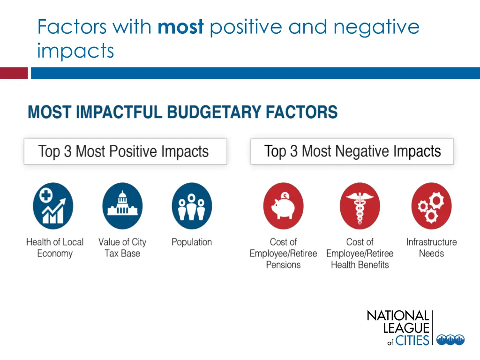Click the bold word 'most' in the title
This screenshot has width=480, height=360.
(180, 28)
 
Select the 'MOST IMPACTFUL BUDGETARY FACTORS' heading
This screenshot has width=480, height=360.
(182, 112)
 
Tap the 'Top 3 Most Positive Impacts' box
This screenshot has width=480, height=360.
(125, 151)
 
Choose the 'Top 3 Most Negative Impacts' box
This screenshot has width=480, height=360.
(352, 151)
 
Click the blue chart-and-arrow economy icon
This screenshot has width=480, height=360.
(53, 206)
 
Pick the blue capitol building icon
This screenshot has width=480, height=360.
(122, 206)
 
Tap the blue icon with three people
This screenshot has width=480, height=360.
(192, 206)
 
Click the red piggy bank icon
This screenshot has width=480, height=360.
(283, 206)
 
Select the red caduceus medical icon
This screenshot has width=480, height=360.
(360, 206)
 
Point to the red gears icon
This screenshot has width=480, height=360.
(431, 206)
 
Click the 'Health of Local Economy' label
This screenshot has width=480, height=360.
(55, 248)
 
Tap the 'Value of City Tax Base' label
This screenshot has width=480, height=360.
(122, 248)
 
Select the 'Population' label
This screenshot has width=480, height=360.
(192, 242)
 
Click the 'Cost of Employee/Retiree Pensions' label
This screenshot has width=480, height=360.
(283, 253)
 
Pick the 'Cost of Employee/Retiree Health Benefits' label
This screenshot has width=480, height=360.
(360, 253)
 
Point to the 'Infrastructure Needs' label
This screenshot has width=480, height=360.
(431, 248)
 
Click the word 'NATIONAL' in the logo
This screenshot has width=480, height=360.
(397, 316)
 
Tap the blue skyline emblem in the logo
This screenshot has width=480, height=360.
(450, 340)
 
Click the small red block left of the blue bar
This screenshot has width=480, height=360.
(14, 73)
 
